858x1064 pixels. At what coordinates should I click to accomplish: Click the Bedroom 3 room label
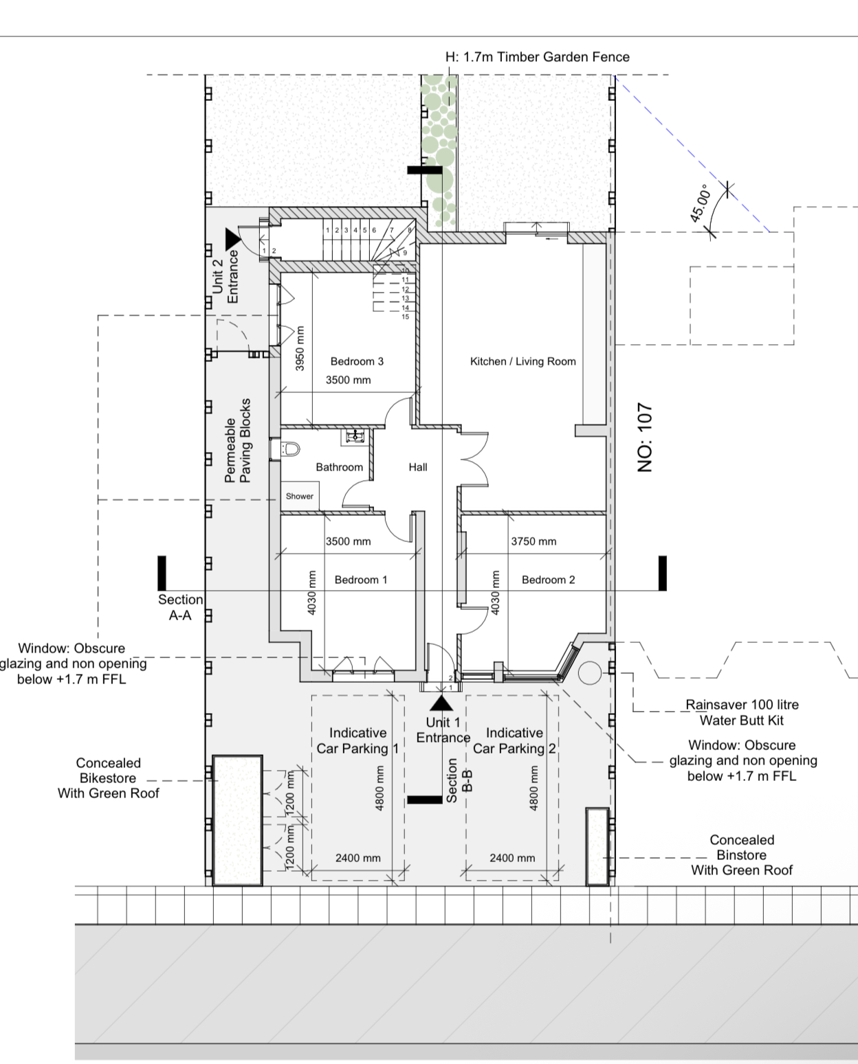tap(357, 361)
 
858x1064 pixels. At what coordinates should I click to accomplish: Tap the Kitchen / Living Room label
tap(523, 361)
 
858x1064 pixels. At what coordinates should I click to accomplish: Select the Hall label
tap(418, 467)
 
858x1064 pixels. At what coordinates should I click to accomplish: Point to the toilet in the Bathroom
tap(290, 449)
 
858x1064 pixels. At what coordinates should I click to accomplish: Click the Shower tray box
tap(300, 496)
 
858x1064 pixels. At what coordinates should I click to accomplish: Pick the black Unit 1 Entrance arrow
tap(441, 703)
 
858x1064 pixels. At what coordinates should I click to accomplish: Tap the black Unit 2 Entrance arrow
tap(232, 239)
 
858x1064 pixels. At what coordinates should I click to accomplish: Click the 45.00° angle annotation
tap(699, 203)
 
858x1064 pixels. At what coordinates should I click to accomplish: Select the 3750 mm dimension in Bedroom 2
tap(533, 541)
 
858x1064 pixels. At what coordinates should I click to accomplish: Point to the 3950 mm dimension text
tap(299, 348)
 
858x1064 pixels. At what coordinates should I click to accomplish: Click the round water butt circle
tap(590, 673)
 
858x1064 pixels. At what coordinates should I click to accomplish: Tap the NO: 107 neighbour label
tap(646, 438)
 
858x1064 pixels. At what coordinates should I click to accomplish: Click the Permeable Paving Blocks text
tap(238, 440)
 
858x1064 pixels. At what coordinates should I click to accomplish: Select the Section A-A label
tap(180, 607)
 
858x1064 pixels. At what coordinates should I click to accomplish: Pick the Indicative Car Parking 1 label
tap(357, 740)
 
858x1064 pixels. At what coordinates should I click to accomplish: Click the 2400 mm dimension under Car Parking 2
tap(512, 859)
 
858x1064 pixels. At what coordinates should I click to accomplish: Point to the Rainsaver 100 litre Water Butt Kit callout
tap(742, 712)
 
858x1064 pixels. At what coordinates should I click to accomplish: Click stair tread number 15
tap(405, 317)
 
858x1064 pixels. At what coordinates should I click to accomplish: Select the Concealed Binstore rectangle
tap(597, 846)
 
